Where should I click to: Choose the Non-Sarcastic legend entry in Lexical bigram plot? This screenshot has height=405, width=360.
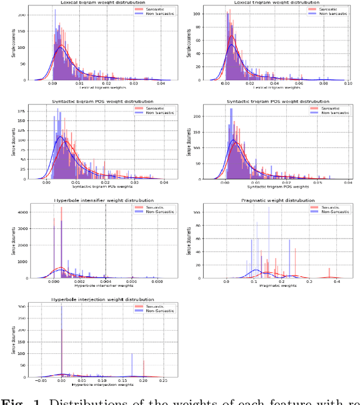point(147,14)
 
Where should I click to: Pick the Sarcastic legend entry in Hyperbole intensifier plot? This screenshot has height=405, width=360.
point(147,208)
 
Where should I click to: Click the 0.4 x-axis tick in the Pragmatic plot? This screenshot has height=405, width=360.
point(336,282)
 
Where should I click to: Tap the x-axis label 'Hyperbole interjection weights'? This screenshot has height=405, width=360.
point(94,385)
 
